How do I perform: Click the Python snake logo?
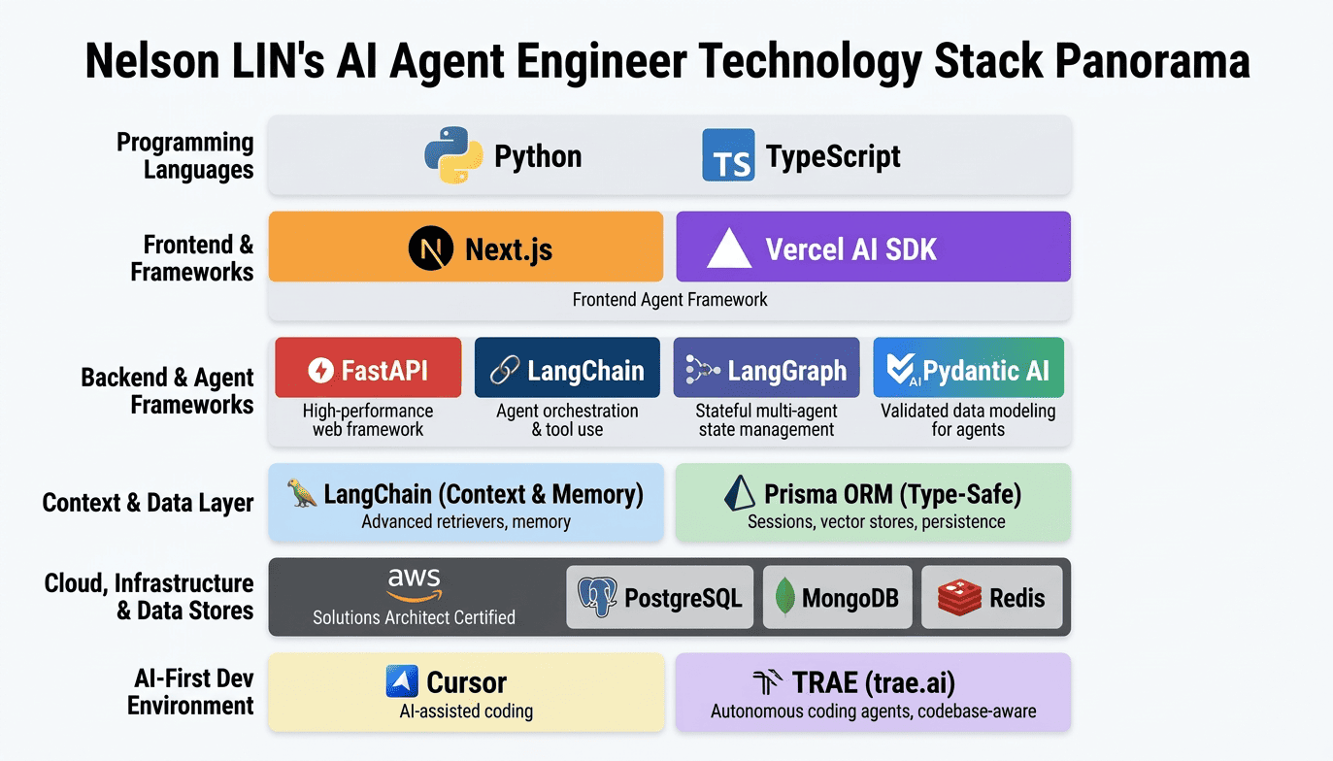453,155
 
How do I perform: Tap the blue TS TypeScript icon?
728,156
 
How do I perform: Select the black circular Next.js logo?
431,248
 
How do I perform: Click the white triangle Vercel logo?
729,249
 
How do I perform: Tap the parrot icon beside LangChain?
303,493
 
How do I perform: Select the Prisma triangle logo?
741,493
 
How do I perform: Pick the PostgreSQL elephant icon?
596,597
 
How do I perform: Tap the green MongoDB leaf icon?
785,597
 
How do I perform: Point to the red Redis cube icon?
959,597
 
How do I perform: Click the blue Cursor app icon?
402,682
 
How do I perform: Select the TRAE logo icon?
768,682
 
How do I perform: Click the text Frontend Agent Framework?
670,300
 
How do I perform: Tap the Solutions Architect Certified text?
414,617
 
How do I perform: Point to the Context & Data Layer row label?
148,503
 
